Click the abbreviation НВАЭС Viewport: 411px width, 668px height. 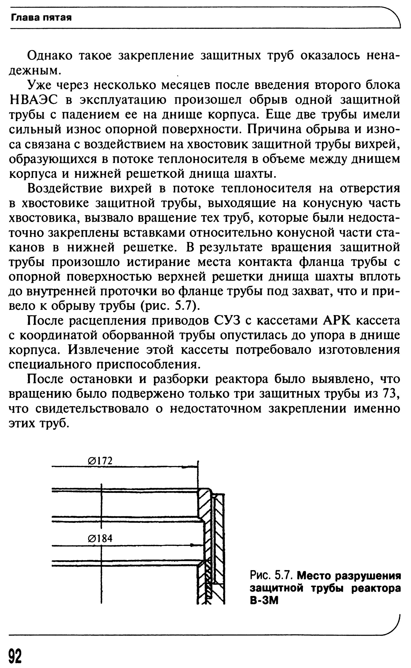pyautogui.click(x=33, y=100)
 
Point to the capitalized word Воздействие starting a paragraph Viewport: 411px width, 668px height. pyautogui.click(x=65, y=188)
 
